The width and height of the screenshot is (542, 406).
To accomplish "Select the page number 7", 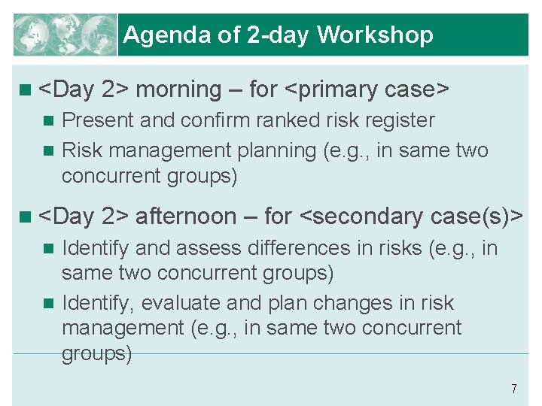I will [x=513, y=389].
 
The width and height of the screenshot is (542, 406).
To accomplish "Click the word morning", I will [x=178, y=89].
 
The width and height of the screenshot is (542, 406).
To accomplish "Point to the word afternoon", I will [x=185, y=217].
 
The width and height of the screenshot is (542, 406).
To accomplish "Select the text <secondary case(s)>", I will [x=412, y=217].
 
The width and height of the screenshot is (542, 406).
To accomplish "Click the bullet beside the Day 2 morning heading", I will [x=26, y=89].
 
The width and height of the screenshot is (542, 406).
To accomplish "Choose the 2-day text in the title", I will [x=277, y=35].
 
